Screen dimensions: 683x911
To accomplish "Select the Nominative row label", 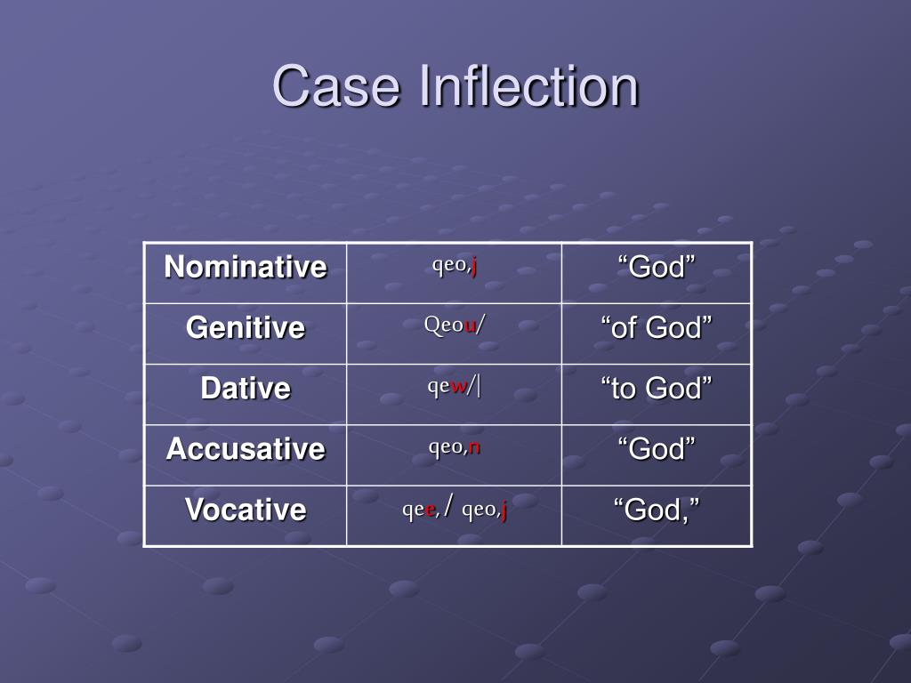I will point(246,267).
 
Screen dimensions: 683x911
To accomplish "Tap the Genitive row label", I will point(246,327).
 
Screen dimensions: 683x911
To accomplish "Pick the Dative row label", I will point(246,388).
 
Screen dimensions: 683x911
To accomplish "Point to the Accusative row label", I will point(246,448).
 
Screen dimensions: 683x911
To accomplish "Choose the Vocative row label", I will point(246,510).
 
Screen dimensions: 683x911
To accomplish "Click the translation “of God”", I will point(657,327).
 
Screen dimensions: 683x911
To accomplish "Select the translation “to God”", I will point(657,388).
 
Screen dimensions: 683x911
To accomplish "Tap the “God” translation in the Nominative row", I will point(657,267).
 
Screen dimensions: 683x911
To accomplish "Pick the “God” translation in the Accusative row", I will point(657,448).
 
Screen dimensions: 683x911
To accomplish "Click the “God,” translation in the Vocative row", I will point(657,510).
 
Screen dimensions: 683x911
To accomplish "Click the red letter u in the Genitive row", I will point(470,326).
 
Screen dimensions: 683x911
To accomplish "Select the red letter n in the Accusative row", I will point(475,447).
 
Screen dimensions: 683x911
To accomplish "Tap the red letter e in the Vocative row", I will point(431,510).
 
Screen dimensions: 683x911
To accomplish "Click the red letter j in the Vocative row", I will point(503,510).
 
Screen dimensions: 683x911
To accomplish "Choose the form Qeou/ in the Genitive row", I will point(455,325).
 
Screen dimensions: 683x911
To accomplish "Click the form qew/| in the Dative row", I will point(455,387).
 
